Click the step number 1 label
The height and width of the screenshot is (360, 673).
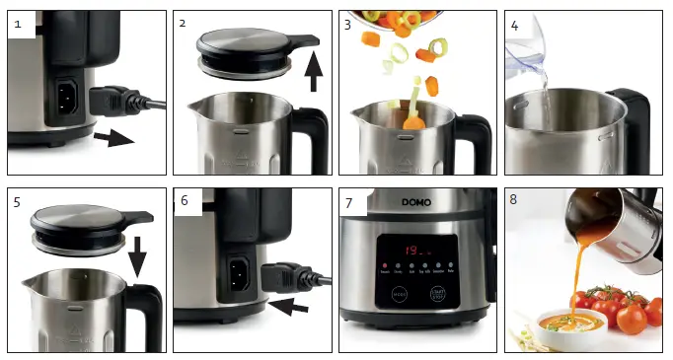pos(17,22)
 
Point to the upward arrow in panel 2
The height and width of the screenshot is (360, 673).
pos(314,73)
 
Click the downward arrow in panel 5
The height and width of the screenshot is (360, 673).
pos(138,259)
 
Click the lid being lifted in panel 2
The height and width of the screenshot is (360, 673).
pos(248,48)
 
